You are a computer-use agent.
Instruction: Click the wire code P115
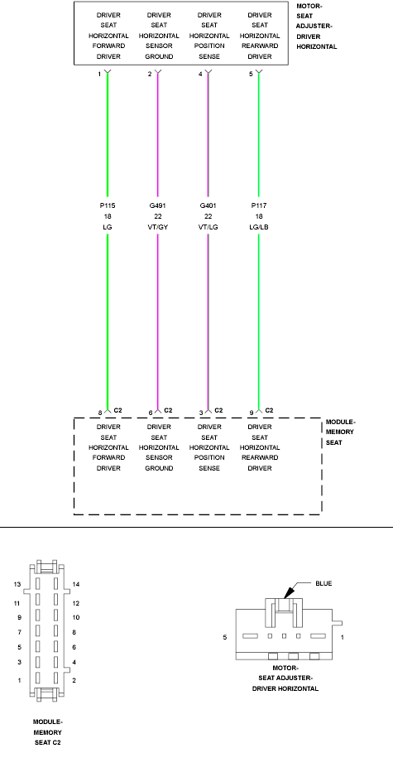point(108,206)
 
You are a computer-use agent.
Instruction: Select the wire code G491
point(158,206)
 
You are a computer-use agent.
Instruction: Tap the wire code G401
point(208,206)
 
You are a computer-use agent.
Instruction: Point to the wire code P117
point(259,206)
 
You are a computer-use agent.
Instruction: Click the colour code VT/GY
point(158,227)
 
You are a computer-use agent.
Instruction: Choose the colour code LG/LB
point(259,227)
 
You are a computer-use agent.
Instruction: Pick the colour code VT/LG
point(208,227)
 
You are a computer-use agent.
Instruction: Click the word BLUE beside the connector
point(324,583)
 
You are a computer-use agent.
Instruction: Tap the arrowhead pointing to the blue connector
point(288,592)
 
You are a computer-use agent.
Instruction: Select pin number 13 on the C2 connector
point(17,585)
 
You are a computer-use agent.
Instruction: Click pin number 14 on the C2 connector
point(76,585)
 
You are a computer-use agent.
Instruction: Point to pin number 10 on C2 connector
point(76,618)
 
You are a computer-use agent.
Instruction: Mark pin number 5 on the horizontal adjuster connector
point(225,638)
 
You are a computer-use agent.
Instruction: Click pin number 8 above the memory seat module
point(100,413)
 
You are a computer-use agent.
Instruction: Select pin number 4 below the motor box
point(200,74)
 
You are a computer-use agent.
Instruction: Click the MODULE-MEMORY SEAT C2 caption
point(48,731)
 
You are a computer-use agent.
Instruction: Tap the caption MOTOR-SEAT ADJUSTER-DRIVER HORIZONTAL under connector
point(285,678)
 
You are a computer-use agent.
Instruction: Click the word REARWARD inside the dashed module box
point(260,457)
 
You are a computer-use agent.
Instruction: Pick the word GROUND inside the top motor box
point(159,56)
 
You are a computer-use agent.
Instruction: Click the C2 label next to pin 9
point(270,410)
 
